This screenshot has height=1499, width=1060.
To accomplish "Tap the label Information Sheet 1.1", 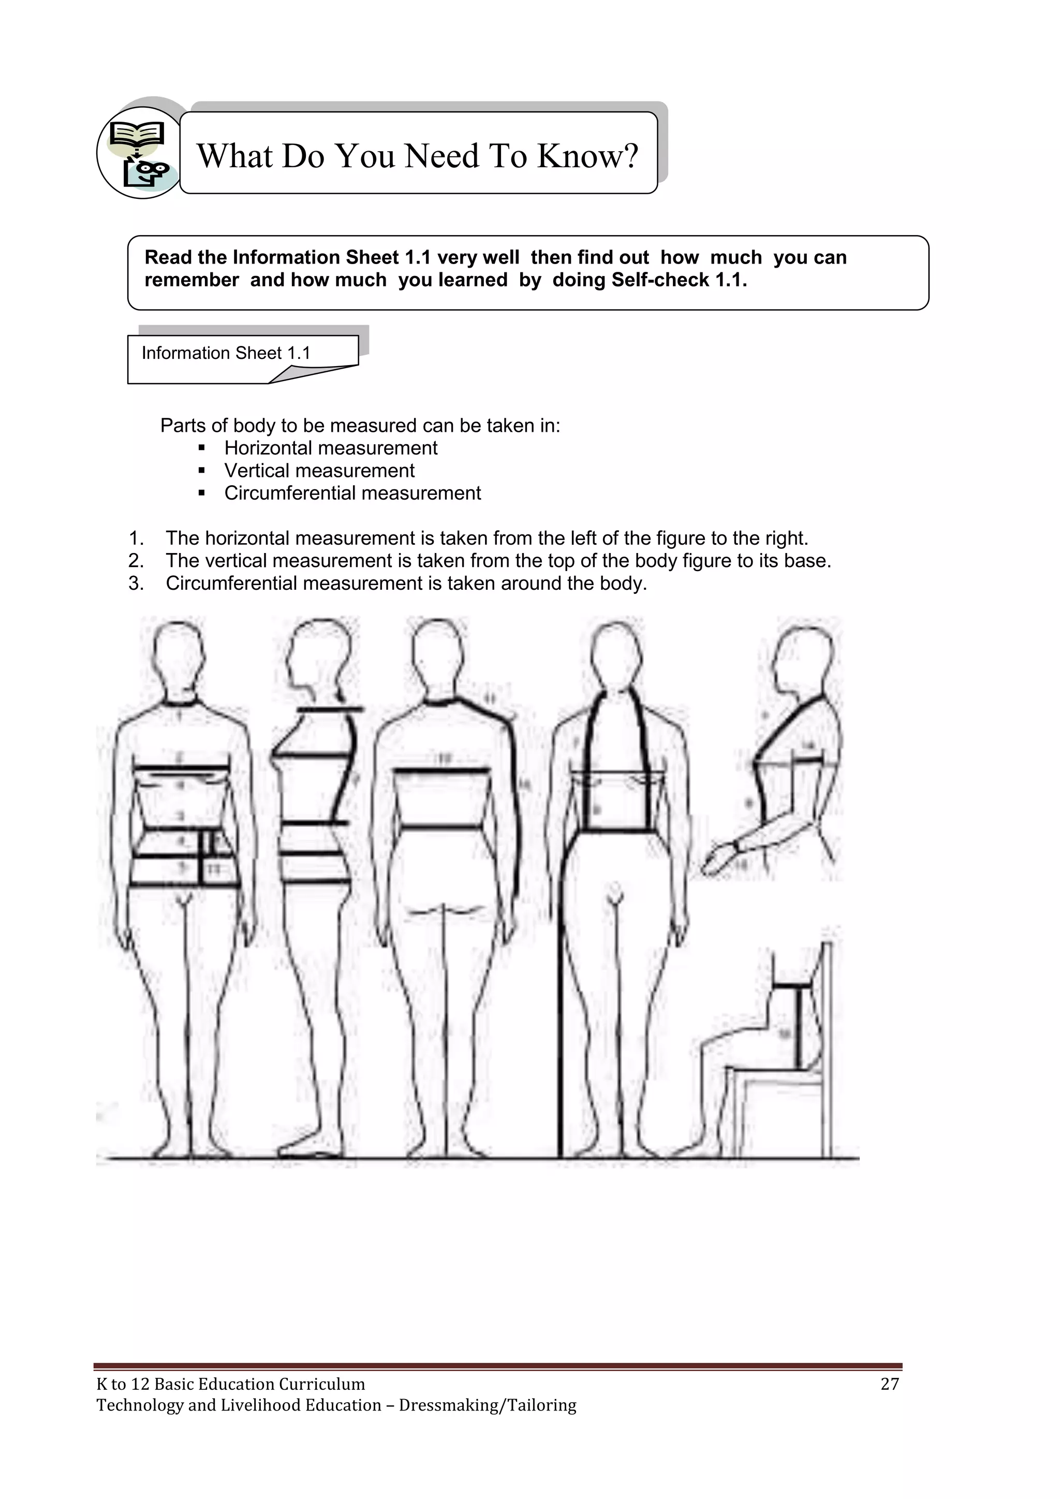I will (226, 353).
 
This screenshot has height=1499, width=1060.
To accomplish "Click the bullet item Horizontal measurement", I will (330, 448).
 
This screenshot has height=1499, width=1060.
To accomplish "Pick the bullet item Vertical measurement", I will (319, 471).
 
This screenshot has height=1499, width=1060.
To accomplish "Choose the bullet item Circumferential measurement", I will (352, 493).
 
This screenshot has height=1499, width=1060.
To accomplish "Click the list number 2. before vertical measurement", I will (136, 561).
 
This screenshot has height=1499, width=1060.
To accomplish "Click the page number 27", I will (890, 1384).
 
